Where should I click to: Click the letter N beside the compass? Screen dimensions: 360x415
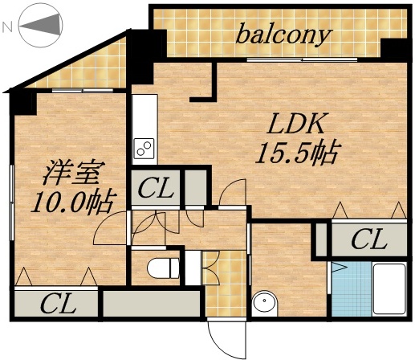pyautogui.click(x=7, y=27)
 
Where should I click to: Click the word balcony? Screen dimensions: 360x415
pyautogui.click(x=283, y=35)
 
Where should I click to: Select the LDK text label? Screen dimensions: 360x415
pyautogui.click(x=295, y=125)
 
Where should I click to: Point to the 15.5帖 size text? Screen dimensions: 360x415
pyautogui.click(x=296, y=151)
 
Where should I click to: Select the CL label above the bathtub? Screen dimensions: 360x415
pyautogui.click(x=368, y=239)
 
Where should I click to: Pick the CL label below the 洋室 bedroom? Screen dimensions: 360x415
pyautogui.click(x=58, y=304)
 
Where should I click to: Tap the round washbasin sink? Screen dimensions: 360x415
pyautogui.click(x=263, y=304)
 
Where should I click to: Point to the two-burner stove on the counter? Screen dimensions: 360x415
pyautogui.click(x=145, y=148)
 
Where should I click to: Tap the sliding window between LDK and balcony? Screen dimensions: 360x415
pyautogui.click(x=301, y=60)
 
